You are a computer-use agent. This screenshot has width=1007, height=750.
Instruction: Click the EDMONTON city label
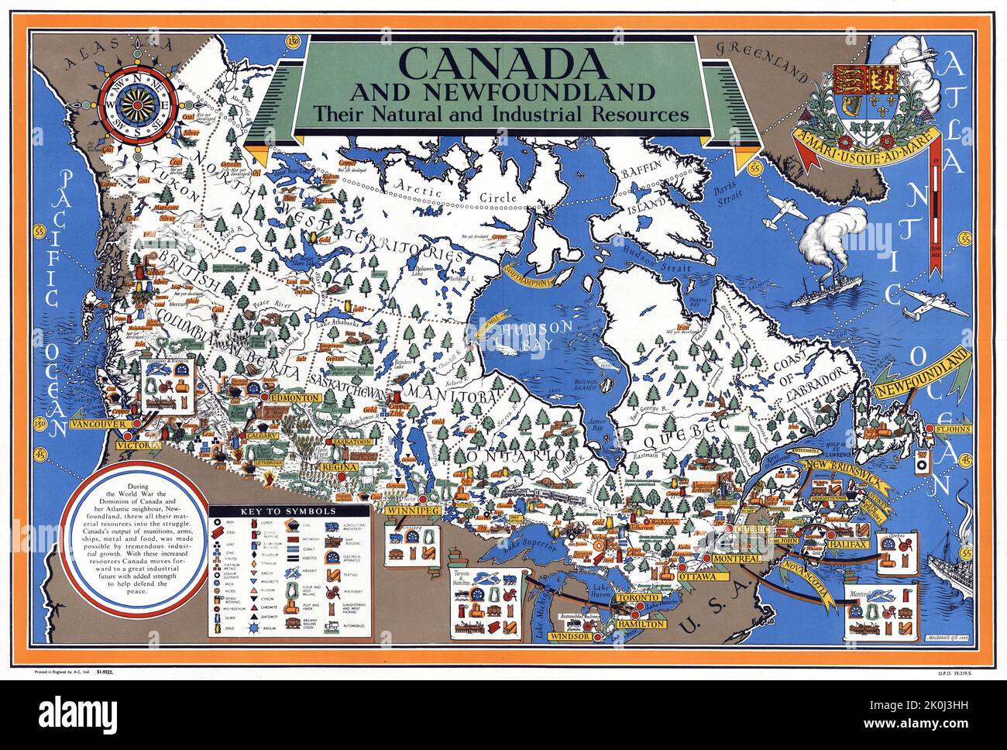295,397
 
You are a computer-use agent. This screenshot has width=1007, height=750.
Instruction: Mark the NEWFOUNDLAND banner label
922,377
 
